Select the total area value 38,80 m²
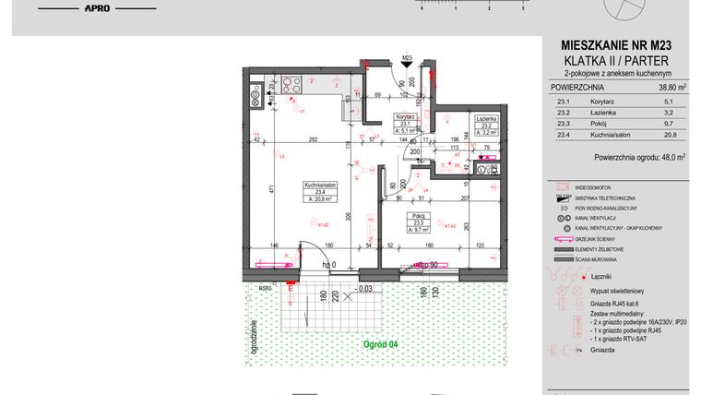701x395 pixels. pyautogui.click(x=671, y=88)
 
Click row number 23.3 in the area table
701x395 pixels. pyautogui.click(x=558, y=125)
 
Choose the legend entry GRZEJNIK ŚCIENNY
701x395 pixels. pyautogui.click(x=598, y=239)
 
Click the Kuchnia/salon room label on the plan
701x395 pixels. pyautogui.click(x=319, y=186)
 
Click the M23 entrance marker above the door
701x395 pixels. pyautogui.click(x=407, y=60)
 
